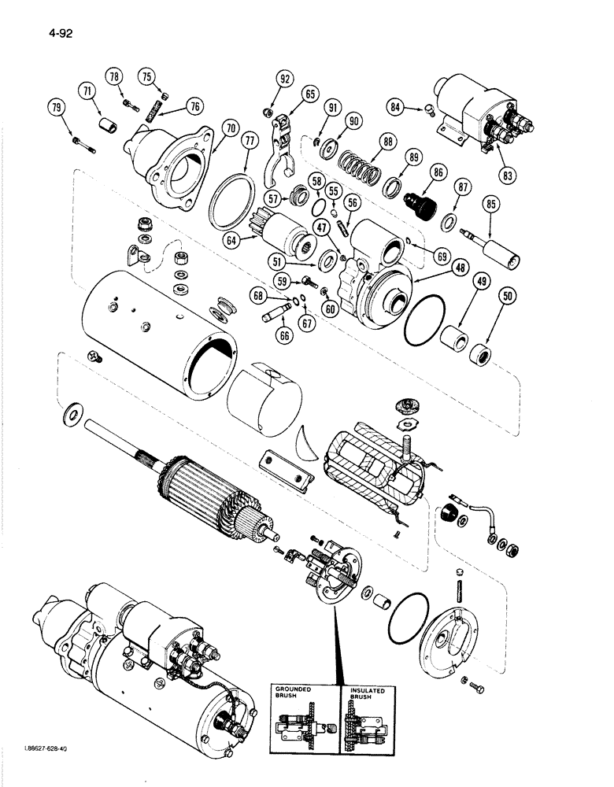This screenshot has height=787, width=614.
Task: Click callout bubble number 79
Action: pyautogui.click(x=57, y=107)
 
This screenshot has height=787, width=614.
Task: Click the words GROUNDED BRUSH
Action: pyautogui.click(x=295, y=693)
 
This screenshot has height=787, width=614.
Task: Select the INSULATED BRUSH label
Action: pyautogui.click(x=368, y=693)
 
